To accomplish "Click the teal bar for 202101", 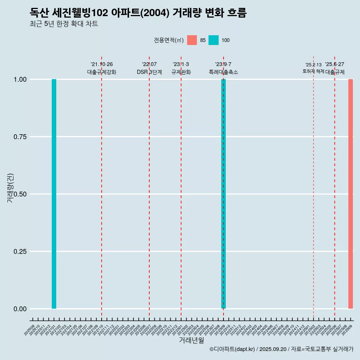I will pos(54,194).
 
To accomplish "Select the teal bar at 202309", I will pos(223,194).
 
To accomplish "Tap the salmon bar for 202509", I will pos(351,194).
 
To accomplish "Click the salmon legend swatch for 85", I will pos(192,40).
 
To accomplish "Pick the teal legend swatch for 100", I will pos(213,40).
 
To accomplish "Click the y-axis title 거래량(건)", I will pos(10,187).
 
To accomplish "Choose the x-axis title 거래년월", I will pos(192,340).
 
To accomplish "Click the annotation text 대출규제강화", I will pos(102,72).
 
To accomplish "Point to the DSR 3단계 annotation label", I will pos(149,72).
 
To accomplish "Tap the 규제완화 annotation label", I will pos(181,72).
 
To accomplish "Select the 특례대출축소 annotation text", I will pos(223,72).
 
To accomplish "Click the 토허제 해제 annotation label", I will pos(313,71).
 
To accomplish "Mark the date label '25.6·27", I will pos(334,64).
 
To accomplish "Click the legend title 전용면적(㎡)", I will pos(168,40).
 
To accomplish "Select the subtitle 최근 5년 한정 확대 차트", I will pos(64,24).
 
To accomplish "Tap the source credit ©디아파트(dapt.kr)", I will pos(232,349).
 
